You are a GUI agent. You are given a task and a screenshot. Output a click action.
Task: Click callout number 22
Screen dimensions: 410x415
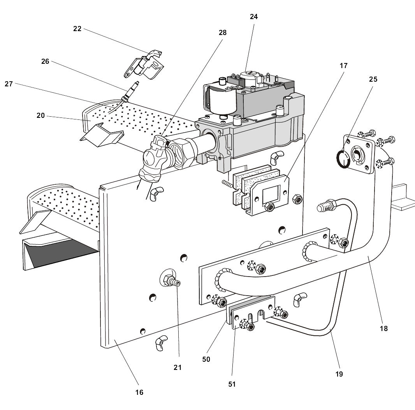pos(77,29)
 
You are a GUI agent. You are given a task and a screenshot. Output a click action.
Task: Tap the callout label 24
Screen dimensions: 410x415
pos(254,17)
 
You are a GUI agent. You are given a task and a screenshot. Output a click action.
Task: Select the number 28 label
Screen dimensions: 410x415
pos(222,33)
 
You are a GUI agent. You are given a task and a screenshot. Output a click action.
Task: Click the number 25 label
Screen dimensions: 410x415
pos(373,79)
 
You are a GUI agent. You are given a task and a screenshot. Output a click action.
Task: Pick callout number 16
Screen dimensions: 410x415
pos(139,392)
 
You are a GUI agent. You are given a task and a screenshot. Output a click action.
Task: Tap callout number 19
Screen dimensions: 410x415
pos(339,374)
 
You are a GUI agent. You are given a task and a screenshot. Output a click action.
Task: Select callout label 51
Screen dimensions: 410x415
pos(232,384)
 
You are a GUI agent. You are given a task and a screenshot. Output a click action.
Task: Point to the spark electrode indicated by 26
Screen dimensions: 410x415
pos(130,91)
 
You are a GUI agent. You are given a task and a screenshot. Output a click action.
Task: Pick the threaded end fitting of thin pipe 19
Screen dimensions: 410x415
pos(325,205)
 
